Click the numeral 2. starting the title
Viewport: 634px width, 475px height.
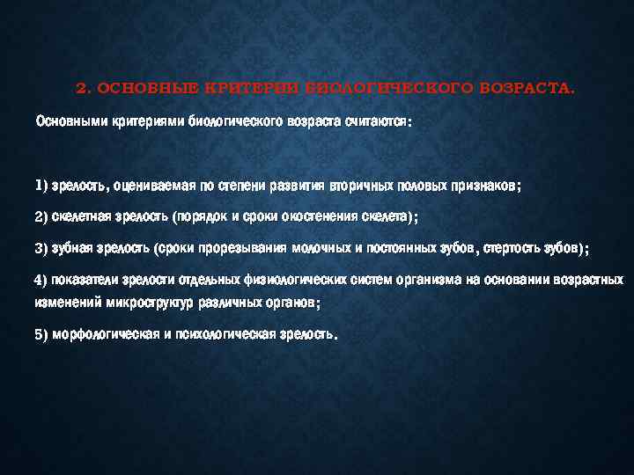pyautogui.click(x=83, y=89)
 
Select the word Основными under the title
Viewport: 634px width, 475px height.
pyautogui.click(x=66, y=121)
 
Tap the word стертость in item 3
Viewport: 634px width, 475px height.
pyautogui.click(x=509, y=249)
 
